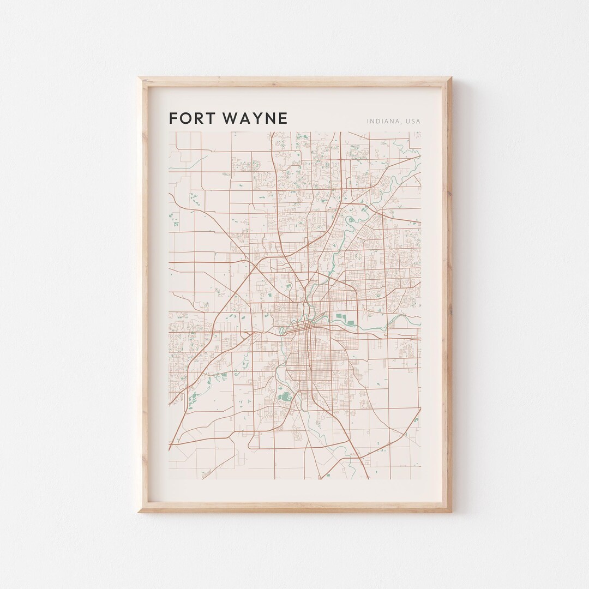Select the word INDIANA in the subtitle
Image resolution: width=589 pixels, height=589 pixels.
point(383,121)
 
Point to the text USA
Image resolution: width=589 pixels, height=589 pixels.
point(413,121)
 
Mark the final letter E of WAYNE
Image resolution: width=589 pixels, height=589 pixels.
point(283,118)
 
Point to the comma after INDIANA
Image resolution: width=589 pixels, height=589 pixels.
point(401,123)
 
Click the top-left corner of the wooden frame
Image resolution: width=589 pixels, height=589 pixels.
point(139,78)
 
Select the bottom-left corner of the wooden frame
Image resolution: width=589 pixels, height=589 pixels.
point(139,512)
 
